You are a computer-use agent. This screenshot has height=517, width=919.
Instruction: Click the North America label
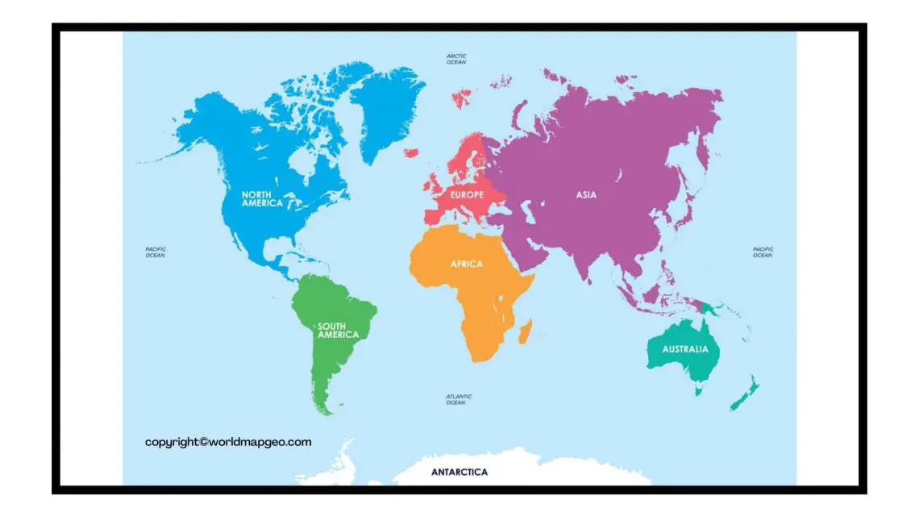click(263, 199)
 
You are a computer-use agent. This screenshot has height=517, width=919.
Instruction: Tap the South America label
click(337, 330)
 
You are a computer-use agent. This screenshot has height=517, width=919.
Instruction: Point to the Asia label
click(586, 194)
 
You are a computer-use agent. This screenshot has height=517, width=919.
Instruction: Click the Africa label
click(467, 264)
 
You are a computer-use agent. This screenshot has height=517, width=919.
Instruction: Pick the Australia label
click(685, 349)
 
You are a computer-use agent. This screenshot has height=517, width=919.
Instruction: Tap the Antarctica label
click(459, 472)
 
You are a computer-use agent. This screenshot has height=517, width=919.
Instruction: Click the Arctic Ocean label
click(456, 59)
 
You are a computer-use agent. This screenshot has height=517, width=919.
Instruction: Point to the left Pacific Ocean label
click(156, 252)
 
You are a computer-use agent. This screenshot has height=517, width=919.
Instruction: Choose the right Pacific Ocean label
click(763, 252)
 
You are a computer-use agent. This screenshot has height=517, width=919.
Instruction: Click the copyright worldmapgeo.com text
click(228, 442)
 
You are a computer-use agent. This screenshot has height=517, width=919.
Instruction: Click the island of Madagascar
click(526, 329)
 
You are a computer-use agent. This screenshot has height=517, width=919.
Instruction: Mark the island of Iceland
click(411, 152)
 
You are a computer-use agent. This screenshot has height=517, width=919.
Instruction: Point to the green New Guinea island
click(709, 307)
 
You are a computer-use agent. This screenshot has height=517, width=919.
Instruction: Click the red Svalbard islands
click(463, 98)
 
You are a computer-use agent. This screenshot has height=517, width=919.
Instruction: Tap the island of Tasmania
click(699, 391)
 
